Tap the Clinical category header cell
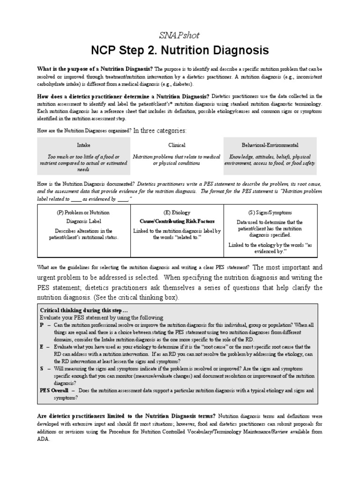(177, 145)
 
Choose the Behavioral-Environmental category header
(270, 145)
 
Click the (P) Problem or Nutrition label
(83, 212)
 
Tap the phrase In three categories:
(160, 130)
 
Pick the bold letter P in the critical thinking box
(42, 324)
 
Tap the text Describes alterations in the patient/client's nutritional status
(83, 234)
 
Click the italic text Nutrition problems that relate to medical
(177, 157)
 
